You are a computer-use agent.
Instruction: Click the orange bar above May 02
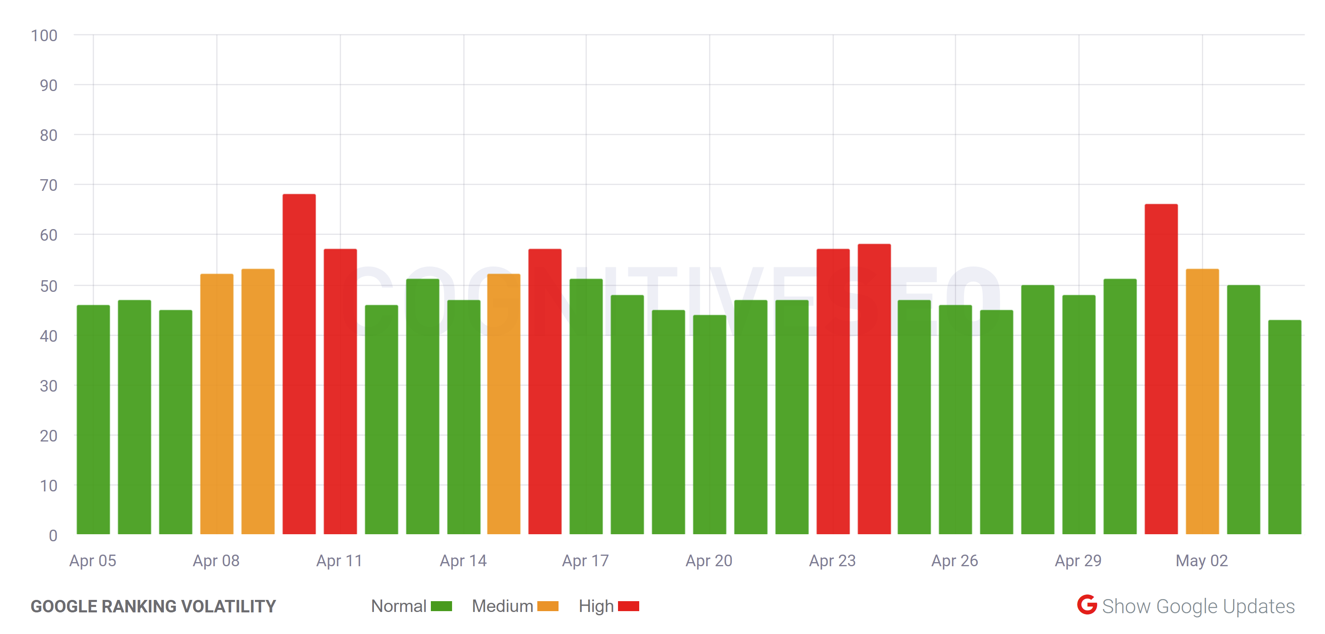coord(1202,401)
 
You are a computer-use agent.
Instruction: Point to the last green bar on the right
coord(1284,427)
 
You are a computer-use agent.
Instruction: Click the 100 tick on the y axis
coord(44,35)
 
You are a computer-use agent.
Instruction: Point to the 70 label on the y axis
coord(48,185)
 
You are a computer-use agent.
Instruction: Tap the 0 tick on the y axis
coord(53,535)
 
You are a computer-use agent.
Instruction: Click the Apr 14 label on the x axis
coord(463,560)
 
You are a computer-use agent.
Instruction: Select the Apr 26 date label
coord(955,560)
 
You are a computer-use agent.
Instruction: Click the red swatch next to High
coord(628,606)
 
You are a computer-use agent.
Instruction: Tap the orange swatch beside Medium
coord(547,606)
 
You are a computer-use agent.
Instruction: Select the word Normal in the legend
coord(399,606)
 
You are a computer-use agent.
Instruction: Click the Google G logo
coord(1087,605)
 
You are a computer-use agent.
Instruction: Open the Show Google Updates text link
coord(1198,606)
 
